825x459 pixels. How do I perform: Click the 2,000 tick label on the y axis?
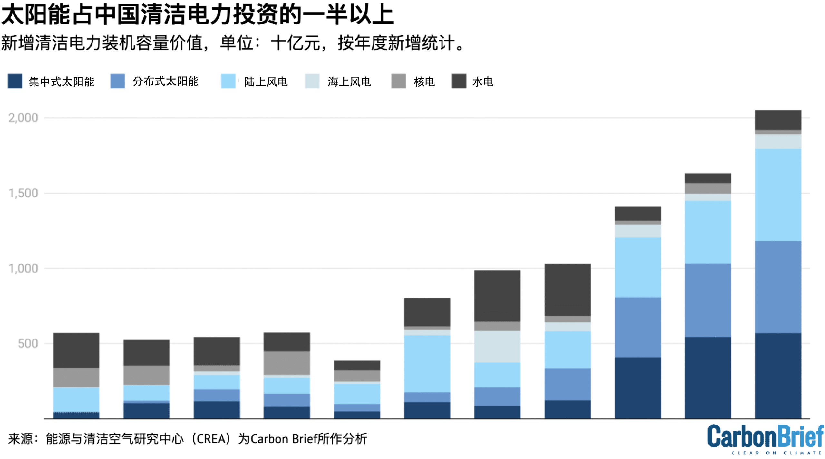[x=23, y=118]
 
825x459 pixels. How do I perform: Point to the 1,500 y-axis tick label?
[x=23, y=193]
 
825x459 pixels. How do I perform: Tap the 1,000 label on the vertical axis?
[x=23, y=268]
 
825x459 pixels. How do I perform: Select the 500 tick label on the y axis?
[x=28, y=344]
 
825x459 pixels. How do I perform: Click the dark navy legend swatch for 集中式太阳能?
[x=15, y=81]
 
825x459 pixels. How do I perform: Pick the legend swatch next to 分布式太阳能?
[x=117, y=81]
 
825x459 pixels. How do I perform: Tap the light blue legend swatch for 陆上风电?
[x=228, y=81]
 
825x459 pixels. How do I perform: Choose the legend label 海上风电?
[x=349, y=82]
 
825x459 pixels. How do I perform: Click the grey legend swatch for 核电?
[x=398, y=81]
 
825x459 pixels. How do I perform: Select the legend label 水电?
[x=482, y=82]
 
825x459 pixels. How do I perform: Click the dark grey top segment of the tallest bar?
[x=778, y=120]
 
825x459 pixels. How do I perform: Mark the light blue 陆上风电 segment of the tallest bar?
[x=778, y=195]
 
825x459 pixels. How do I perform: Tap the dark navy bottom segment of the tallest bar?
[x=778, y=376]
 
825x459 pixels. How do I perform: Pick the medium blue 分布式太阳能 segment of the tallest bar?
[x=778, y=287]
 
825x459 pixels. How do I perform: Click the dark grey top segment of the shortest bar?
[x=357, y=365]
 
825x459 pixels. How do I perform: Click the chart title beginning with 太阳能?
[x=197, y=15]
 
